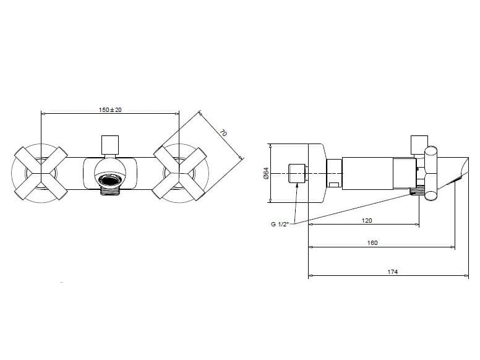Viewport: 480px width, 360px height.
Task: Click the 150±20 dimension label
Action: coord(109,109)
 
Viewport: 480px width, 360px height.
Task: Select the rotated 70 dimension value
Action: coord(224,133)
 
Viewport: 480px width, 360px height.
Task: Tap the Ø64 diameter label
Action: coord(265,174)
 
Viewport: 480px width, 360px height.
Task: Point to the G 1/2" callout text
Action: coord(280,225)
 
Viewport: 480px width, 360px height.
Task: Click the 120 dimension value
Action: coord(366,220)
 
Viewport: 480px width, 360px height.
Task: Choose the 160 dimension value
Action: coord(372,243)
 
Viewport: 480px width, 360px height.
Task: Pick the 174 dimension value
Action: coord(392,272)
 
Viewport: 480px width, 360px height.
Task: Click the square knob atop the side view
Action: coord(419,143)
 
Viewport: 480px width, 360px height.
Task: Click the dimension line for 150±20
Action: coord(109,114)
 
